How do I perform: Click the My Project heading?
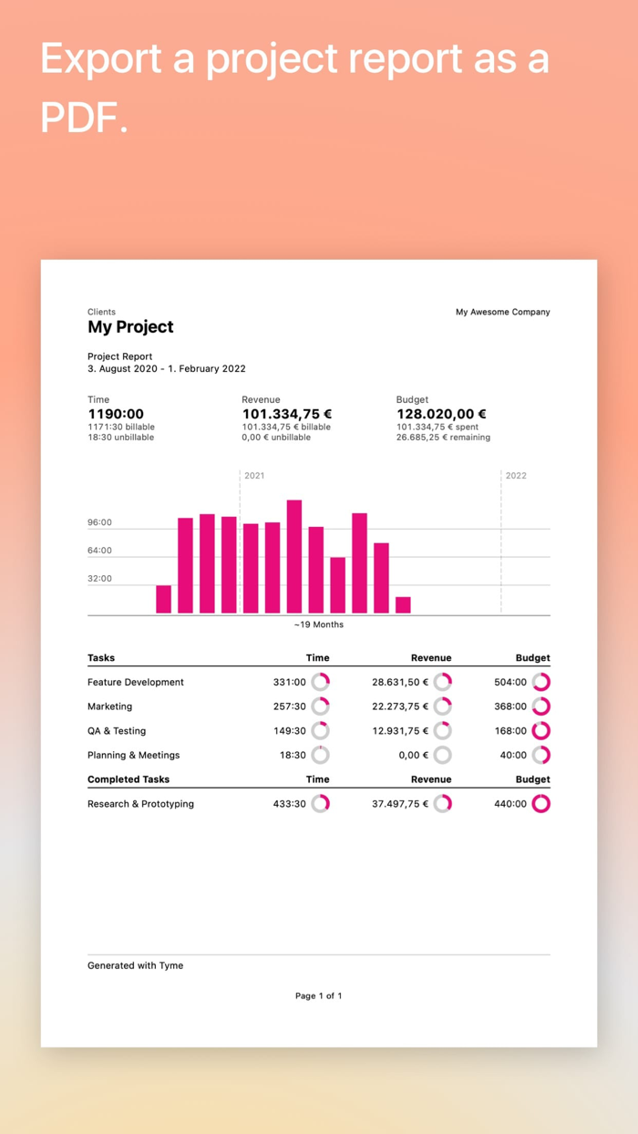(130, 327)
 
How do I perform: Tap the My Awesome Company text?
(502, 312)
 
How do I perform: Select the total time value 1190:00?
(116, 414)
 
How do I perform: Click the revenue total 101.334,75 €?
(286, 414)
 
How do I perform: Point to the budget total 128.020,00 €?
(441, 414)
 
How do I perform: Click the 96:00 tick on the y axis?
(100, 522)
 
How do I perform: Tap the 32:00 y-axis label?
(100, 579)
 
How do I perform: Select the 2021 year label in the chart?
(254, 476)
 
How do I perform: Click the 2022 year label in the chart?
(516, 476)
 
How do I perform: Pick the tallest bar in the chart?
(294, 556)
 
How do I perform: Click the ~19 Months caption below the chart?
(318, 624)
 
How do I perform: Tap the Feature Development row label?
(136, 682)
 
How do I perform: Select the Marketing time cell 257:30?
(289, 706)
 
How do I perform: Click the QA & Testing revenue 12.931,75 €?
(399, 731)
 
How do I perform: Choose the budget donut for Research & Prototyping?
(541, 804)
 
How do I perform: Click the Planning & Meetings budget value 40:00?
(513, 756)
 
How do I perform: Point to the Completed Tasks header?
(129, 779)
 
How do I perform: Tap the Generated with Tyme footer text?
(135, 965)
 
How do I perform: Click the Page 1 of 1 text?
(318, 996)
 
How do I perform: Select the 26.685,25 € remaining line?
(443, 438)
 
